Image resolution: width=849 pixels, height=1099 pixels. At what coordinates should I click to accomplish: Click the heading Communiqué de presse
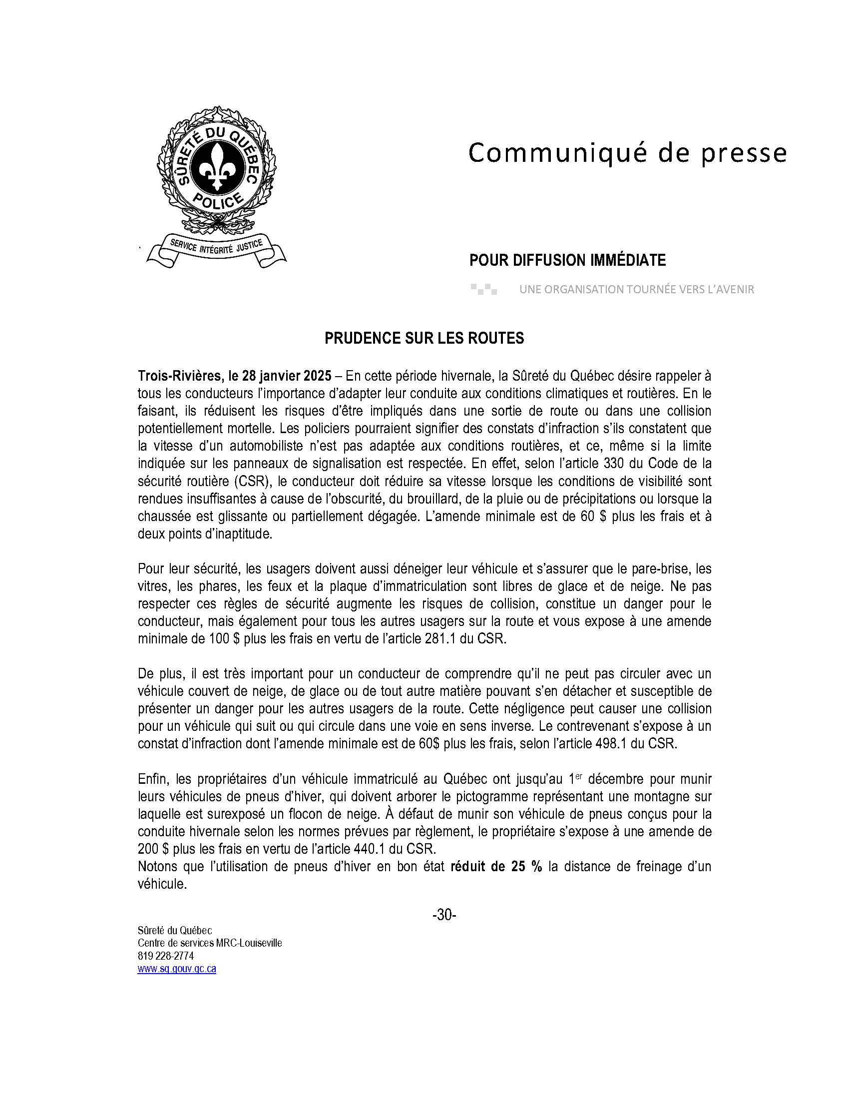coord(627,153)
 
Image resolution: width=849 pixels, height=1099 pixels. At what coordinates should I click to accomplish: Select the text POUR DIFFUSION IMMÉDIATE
coord(567,260)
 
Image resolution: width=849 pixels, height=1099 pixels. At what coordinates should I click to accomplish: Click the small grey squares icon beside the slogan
coord(483,289)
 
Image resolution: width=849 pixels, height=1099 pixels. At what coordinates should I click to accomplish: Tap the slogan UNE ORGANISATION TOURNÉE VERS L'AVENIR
coord(636,289)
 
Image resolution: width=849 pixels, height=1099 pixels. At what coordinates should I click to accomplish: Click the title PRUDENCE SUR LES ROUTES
coord(424,338)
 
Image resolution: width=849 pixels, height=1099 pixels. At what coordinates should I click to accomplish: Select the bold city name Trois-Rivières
coord(179,376)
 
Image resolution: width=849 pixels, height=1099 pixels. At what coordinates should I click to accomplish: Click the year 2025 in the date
coord(317,376)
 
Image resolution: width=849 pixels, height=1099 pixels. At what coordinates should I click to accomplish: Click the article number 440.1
coord(370,849)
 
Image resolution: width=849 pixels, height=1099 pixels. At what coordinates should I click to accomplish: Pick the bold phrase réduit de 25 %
coord(496,867)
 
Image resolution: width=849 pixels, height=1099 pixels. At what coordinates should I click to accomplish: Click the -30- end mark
coord(444,915)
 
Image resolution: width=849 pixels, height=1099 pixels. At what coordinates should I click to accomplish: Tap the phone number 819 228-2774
coord(165,956)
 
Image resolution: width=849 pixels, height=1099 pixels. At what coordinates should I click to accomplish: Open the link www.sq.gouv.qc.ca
coord(176,969)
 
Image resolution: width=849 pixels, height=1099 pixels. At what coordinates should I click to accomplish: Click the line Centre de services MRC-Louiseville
coord(210,943)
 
